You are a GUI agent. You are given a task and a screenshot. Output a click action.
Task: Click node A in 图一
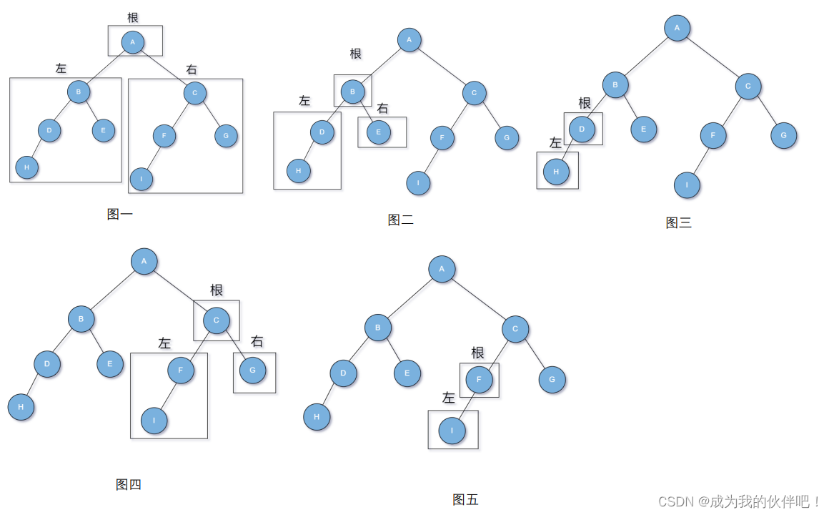click(x=132, y=42)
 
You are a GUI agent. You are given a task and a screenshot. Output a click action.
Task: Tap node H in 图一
click(x=26, y=167)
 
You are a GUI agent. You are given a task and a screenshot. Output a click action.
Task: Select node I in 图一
click(x=142, y=179)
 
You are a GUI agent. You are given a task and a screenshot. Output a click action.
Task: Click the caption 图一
click(x=119, y=214)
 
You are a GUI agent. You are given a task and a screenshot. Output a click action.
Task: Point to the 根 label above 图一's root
click(x=133, y=18)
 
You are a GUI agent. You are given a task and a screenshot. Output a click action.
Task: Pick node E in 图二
click(x=379, y=132)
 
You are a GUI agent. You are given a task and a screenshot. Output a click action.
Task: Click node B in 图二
click(x=352, y=92)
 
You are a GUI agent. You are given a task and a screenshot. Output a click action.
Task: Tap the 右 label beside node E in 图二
click(x=383, y=109)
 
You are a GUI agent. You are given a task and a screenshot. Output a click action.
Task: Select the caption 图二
click(x=400, y=220)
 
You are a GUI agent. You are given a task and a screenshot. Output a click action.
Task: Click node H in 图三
click(x=556, y=172)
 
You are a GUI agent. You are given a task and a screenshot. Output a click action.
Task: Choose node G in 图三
click(x=783, y=135)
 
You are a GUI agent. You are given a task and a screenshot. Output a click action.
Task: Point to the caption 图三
click(x=678, y=222)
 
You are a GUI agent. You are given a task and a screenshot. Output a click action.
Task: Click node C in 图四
click(x=217, y=320)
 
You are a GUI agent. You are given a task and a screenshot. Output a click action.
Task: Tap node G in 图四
click(x=252, y=371)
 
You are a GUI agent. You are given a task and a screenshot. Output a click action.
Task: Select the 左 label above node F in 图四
click(x=164, y=344)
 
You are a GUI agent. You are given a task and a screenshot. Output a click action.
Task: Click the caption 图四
click(x=129, y=485)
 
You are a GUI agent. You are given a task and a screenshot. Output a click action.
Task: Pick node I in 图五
click(x=452, y=431)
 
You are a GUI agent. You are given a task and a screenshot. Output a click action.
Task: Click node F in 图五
click(x=479, y=380)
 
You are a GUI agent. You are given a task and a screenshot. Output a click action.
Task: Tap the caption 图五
click(x=465, y=500)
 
